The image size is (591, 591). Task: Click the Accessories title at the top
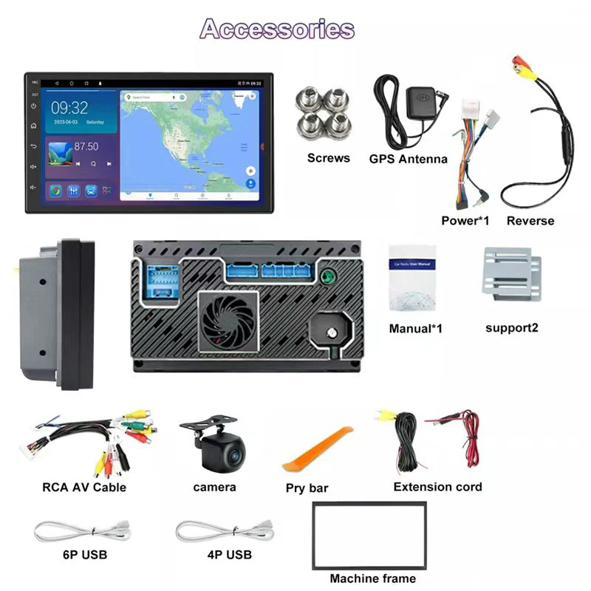point(277,29)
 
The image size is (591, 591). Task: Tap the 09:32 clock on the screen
point(69,108)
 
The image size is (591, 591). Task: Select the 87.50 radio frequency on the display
point(86,146)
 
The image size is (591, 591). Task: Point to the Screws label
point(328,157)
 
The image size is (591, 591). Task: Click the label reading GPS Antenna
point(408,159)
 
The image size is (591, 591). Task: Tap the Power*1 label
point(466,220)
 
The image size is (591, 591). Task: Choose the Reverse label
point(530,220)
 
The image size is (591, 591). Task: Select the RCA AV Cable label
point(84,488)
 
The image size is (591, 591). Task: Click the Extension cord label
point(437,487)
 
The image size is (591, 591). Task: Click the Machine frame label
point(372,578)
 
